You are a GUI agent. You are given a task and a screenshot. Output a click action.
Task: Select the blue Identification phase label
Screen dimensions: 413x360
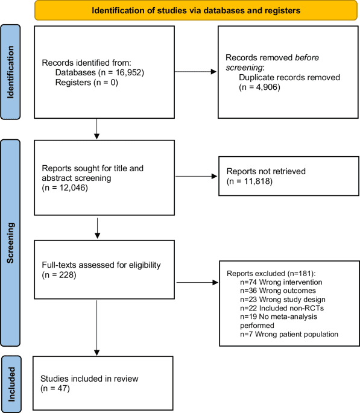click(11, 72)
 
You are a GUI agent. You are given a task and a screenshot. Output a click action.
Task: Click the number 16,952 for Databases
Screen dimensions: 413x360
click(124, 72)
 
